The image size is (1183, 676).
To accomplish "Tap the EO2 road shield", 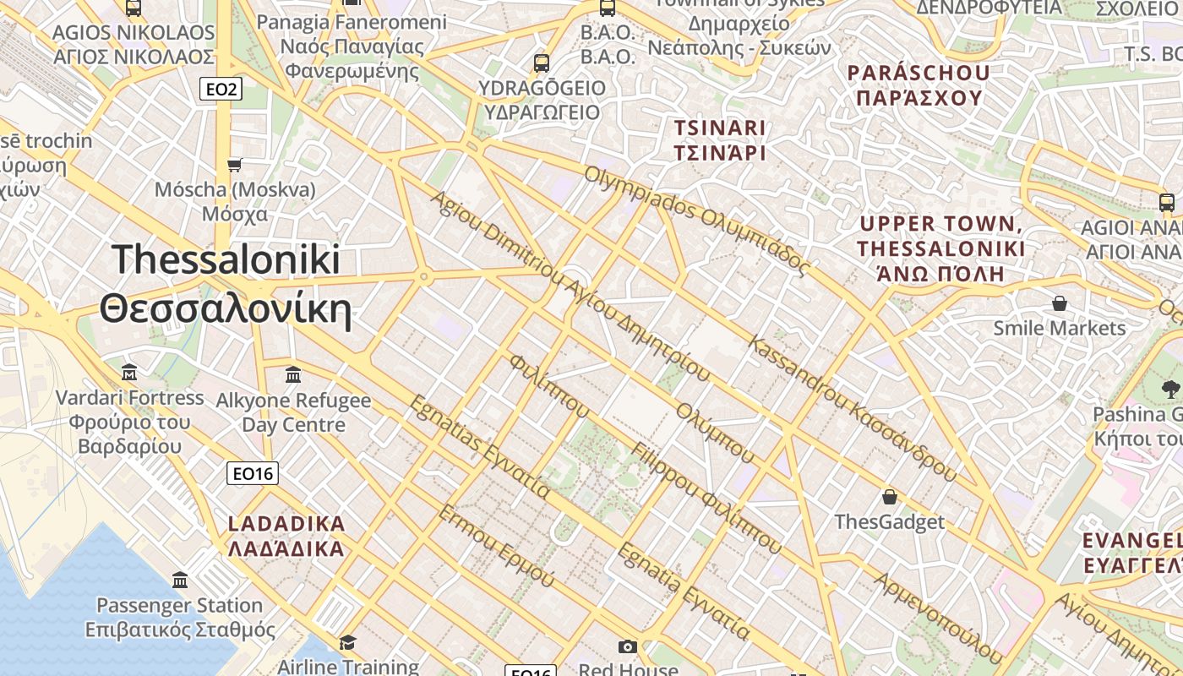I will click(x=221, y=89).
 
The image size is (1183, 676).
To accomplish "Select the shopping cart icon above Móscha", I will click(x=235, y=164).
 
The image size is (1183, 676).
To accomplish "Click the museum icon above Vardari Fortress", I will click(x=129, y=372).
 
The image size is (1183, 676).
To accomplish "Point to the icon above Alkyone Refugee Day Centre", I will click(x=293, y=374).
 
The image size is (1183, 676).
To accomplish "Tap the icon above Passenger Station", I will click(x=180, y=581).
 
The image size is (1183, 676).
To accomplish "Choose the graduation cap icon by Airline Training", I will click(x=347, y=643).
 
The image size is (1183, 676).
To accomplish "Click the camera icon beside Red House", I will click(x=627, y=647).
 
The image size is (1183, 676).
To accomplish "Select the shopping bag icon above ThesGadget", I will click(x=889, y=496).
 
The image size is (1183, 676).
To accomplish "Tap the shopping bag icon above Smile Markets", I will click(x=1059, y=303).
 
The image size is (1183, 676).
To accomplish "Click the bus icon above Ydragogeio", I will click(x=541, y=63).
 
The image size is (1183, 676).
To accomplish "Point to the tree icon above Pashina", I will click(x=1170, y=389).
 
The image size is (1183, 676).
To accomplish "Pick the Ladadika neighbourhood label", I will click(x=286, y=536).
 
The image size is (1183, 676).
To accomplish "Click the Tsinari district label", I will click(x=719, y=140).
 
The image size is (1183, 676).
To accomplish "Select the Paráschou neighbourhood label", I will click(x=919, y=84).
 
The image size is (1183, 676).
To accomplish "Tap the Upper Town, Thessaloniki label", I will click(x=941, y=248).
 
